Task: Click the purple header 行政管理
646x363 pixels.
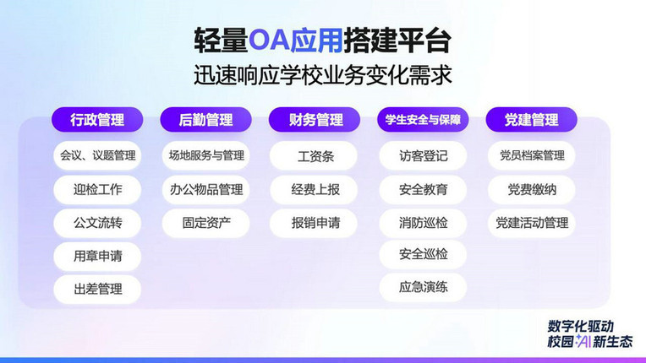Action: point(97,120)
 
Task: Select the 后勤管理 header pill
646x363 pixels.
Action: point(205,120)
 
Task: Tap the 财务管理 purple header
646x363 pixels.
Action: point(315,120)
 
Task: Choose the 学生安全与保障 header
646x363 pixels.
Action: point(423,120)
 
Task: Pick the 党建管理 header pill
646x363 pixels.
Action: point(532,120)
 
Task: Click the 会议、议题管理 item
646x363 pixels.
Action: point(97,155)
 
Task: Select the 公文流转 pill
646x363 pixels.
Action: point(97,223)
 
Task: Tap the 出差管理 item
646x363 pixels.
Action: point(97,289)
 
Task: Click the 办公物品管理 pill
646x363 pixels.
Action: point(206,189)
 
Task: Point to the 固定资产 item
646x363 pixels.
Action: point(206,223)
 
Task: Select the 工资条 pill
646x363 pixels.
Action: point(314,156)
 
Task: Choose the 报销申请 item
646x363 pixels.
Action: point(314,223)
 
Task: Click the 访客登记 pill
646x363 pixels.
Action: point(423,156)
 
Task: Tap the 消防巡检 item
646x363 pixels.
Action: point(423,223)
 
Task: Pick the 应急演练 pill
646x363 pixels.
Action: point(423,287)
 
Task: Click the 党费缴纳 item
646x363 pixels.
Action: point(532,189)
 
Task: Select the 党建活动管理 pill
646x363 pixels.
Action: point(532,223)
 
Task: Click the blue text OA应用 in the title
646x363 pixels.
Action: point(295,41)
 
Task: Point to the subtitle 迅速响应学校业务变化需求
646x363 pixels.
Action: point(323,75)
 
